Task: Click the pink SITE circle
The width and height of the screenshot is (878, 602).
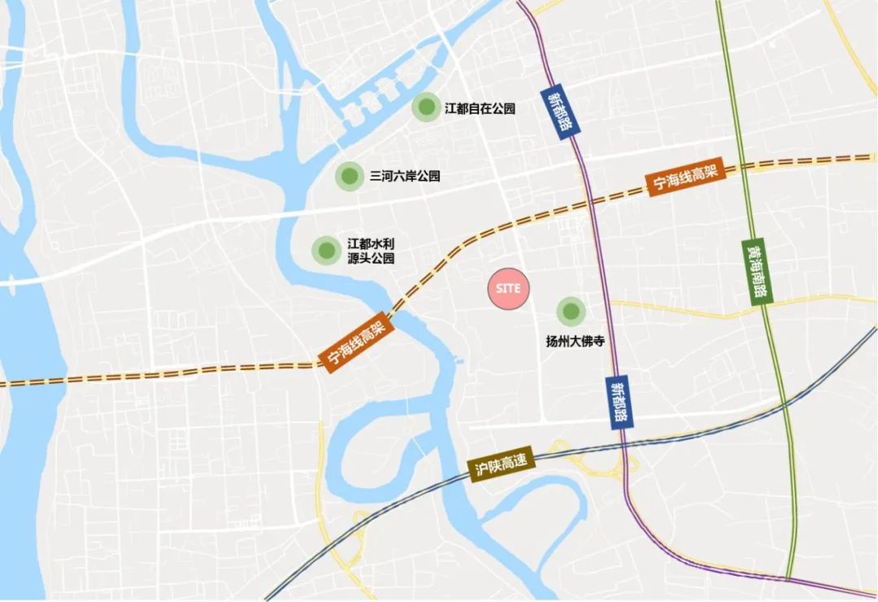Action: (x=509, y=289)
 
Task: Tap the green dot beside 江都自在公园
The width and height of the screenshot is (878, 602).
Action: (x=424, y=107)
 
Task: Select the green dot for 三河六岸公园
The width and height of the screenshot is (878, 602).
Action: (x=349, y=176)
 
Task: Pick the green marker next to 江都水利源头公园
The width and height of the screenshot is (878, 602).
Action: (x=326, y=250)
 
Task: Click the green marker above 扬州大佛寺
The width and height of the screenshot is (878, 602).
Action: (x=571, y=311)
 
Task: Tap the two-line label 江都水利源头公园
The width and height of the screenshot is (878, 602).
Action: (x=371, y=251)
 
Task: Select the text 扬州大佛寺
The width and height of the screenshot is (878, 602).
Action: (x=574, y=342)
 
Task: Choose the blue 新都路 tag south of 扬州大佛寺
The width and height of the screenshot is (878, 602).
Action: (x=620, y=403)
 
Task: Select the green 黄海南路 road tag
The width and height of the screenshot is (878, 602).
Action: (x=758, y=272)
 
